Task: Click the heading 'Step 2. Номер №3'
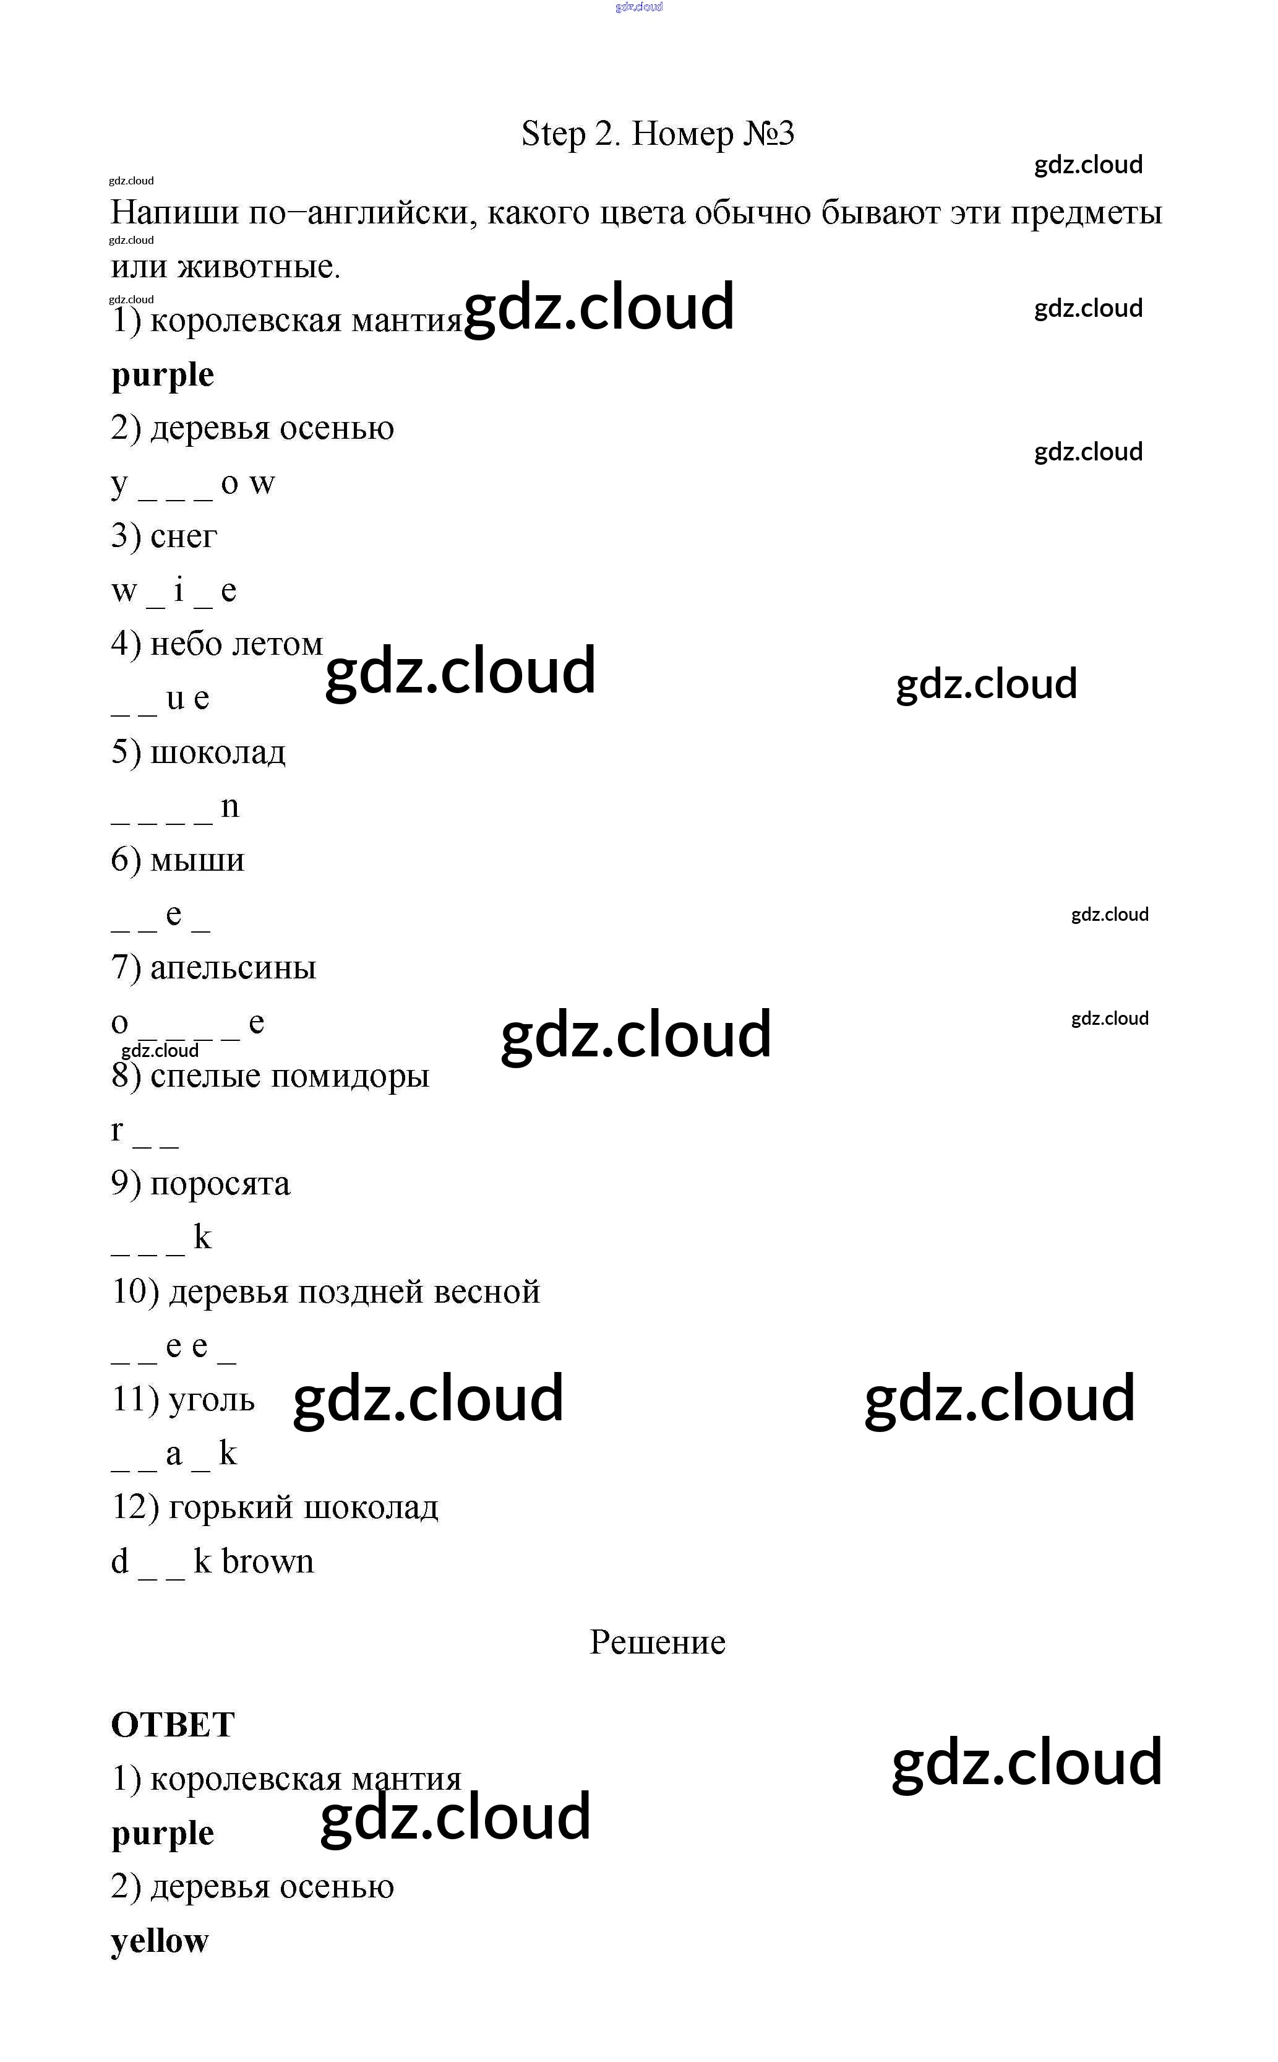[657, 134]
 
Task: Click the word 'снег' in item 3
[184, 536]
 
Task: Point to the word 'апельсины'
[233, 967]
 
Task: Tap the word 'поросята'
[220, 1184]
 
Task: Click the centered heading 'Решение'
[657, 1642]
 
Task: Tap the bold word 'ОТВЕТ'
[173, 1725]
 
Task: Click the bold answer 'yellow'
[159, 1941]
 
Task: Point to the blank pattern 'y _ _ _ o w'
[193, 483]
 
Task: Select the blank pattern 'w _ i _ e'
[173, 591]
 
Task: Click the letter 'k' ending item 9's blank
[202, 1238]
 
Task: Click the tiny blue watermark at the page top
[639, 7]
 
